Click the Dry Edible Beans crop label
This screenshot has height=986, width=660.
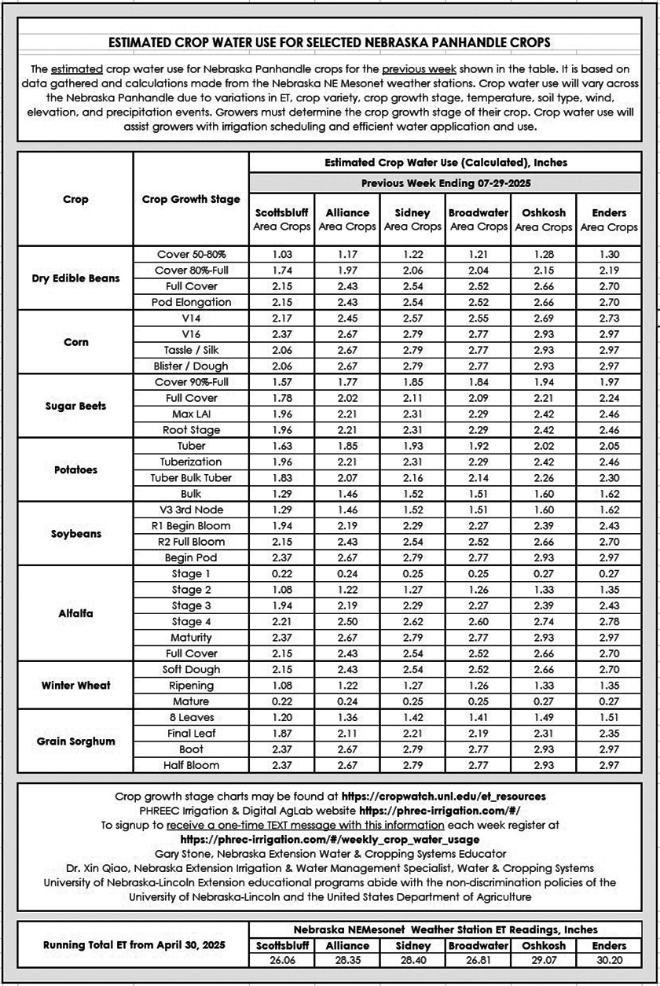click(75, 278)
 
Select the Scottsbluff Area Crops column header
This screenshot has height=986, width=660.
click(281, 219)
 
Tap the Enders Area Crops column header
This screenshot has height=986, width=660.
click(609, 219)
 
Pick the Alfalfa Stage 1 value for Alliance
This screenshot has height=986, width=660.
click(347, 574)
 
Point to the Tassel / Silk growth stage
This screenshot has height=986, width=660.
click(191, 350)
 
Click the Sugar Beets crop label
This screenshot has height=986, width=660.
click(75, 407)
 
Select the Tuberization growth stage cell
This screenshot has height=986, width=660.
click(191, 462)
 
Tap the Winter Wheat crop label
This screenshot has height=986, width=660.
click(75, 685)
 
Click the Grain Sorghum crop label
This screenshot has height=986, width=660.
click(75, 741)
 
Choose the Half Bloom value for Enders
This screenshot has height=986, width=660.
click(609, 765)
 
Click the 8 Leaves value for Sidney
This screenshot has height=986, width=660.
click(412, 718)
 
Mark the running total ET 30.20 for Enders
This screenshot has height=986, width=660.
click(609, 961)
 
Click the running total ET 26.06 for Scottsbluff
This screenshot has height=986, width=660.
click(281, 961)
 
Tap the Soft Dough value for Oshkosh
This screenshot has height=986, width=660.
click(543, 669)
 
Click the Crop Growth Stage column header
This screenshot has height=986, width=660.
click(191, 199)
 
